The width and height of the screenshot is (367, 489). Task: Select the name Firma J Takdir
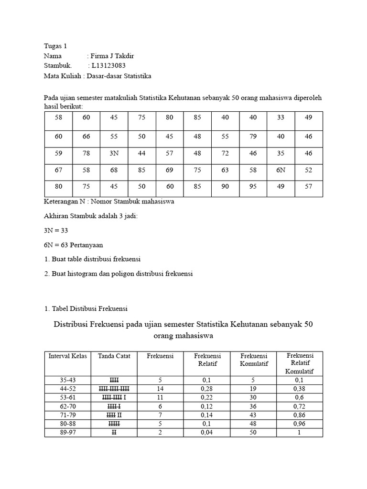click(113, 56)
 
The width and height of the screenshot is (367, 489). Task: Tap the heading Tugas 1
click(55, 46)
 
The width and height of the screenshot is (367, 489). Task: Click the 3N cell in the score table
click(114, 154)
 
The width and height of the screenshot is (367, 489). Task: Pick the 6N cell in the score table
click(281, 170)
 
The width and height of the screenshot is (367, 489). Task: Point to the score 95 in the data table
click(253, 187)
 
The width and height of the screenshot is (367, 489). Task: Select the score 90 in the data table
click(225, 187)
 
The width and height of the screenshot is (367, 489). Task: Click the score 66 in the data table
click(86, 137)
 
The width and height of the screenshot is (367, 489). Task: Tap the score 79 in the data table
click(253, 137)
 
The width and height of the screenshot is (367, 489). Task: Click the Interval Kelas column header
click(68, 356)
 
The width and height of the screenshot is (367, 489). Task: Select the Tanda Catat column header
click(114, 356)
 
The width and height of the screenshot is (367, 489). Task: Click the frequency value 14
click(160, 389)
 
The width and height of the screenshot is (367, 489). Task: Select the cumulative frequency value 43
click(254, 415)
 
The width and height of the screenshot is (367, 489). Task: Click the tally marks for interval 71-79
click(114, 415)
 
